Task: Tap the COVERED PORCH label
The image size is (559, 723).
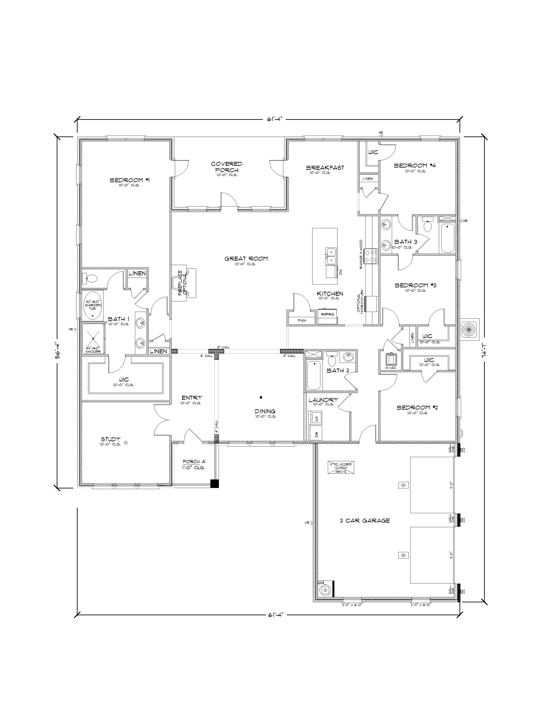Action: pos(227,166)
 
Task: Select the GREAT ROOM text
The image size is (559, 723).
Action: pos(246,258)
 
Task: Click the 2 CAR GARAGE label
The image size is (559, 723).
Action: pos(365,520)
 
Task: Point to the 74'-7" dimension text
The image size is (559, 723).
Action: pos(486,351)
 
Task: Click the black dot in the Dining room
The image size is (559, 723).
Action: pos(261,397)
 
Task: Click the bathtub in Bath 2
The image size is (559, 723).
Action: pos(313,375)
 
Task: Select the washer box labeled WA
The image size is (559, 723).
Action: pos(315,418)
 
